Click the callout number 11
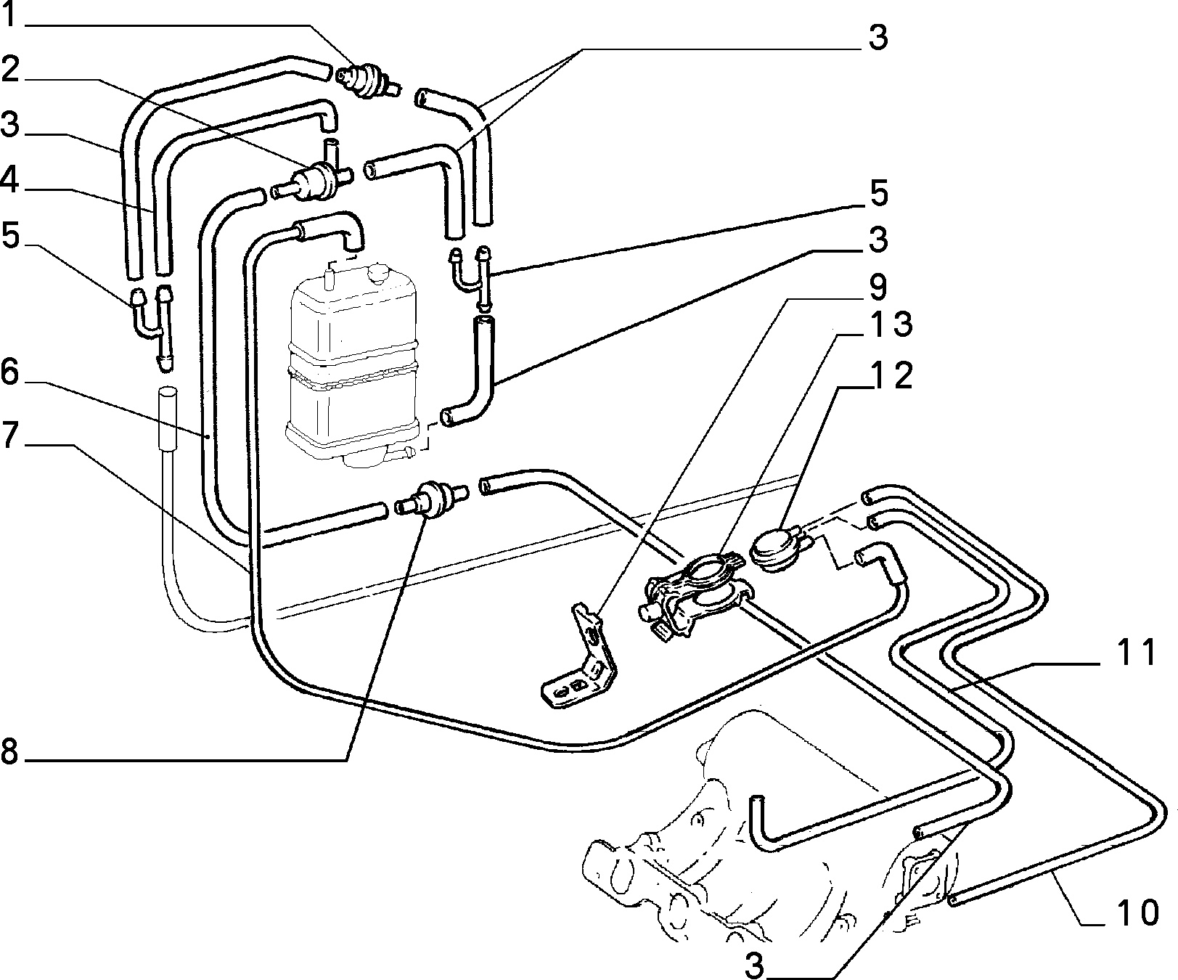point(1136,653)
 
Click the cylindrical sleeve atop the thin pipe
point(168,417)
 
